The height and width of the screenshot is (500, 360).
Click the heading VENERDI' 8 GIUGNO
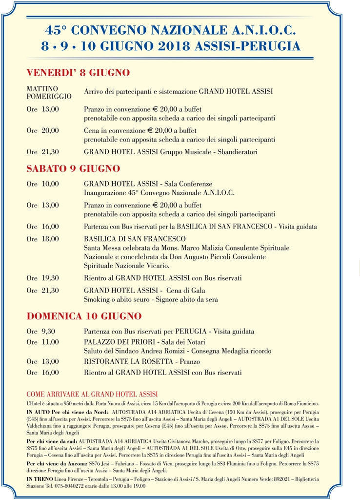(x=78, y=73)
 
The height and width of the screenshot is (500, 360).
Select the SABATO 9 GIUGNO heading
(x=73, y=169)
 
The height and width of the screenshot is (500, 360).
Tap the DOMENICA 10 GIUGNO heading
(x=84, y=316)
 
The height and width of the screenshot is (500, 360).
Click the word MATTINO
(x=42, y=88)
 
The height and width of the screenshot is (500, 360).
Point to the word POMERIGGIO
(x=49, y=96)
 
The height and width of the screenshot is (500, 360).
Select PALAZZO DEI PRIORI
(x=120, y=342)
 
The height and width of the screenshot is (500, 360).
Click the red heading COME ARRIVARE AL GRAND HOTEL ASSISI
(x=92, y=394)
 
